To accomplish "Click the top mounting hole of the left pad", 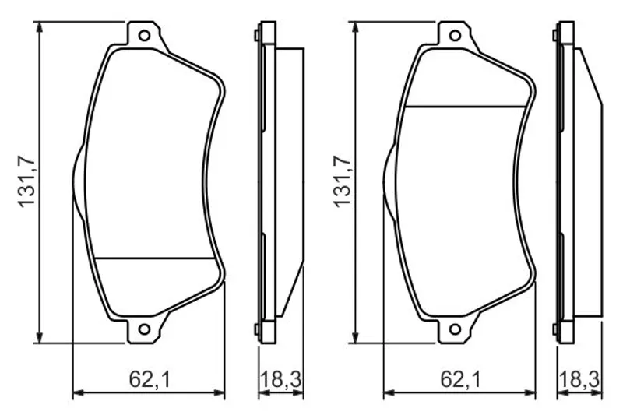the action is (x=144, y=36).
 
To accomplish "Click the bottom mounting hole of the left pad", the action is (x=144, y=329).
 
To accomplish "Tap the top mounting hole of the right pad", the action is (x=455, y=36).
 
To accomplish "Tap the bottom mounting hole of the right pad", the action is (x=455, y=329).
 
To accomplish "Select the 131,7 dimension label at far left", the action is (x=27, y=182).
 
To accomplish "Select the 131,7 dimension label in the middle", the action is (x=343, y=182).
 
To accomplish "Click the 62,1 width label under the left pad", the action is (x=150, y=380).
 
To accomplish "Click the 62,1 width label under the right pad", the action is (x=460, y=380).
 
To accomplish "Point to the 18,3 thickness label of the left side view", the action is (x=281, y=380).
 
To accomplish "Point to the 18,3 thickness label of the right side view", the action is (x=579, y=380).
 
